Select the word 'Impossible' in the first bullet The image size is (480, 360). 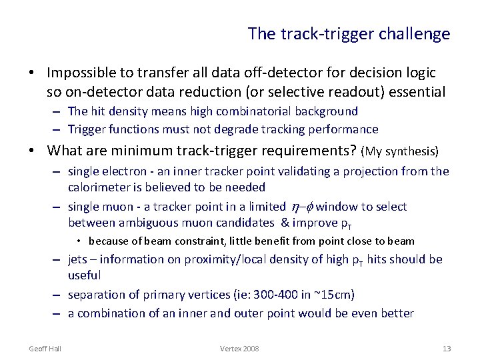[x=80, y=72]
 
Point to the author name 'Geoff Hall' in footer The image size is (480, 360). [x=44, y=349]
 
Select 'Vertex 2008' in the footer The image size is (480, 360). [x=239, y=349]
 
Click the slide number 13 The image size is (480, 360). [x=446, y=349]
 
